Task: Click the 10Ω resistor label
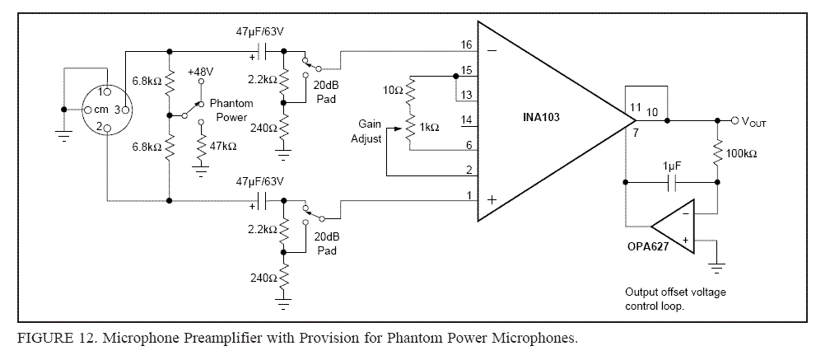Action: [x=394, y=89]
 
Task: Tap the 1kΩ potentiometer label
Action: [x=430, y=128]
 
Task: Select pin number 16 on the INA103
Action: [x=467, y=44]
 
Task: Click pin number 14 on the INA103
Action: [x=467, y=120]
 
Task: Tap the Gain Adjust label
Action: [x=369, y=131]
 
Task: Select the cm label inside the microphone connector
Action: [x=100, y=110]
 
